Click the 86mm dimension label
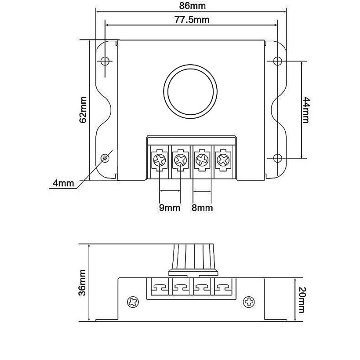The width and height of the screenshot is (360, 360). click(x=193, y=6)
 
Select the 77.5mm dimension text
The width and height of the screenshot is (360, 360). click(x=192, y=20)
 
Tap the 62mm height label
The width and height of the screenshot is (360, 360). click(x=83, y=110)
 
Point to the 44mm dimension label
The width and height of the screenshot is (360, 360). click(x=306, y=110)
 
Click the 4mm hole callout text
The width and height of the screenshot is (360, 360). click(x=63, y=183)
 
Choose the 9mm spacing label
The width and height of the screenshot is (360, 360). click(x=170, y=208)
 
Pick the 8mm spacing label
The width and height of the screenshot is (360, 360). click(x=202, y=208)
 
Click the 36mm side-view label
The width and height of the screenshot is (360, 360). click(x=83, y=283)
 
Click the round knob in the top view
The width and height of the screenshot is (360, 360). click(x=190, y=91)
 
